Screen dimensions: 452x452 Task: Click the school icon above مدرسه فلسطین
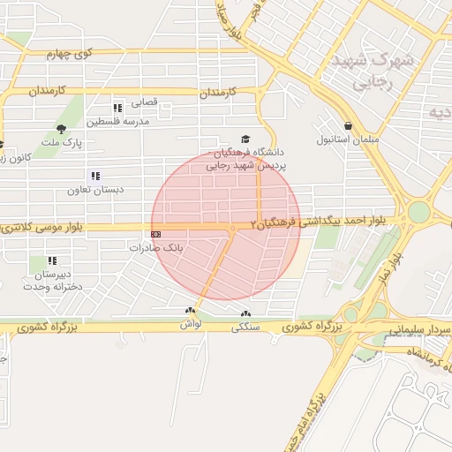[x=117, y=108]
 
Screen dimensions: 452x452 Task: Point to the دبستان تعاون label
[x=93, y=189]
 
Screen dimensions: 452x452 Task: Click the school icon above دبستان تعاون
[x=94, y=176]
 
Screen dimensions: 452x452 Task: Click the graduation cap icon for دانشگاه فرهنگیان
[x=245, y=139]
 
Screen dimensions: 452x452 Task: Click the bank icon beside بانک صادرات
[x=156, y=234]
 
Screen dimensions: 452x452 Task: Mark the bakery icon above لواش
[x=190, y=311]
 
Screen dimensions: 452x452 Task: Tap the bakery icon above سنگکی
[x=245, y=313]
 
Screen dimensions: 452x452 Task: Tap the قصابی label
[x=144, y=102]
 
